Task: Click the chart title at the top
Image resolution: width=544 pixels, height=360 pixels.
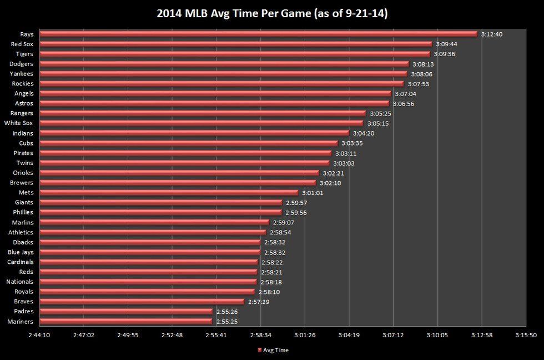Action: click(272, 13)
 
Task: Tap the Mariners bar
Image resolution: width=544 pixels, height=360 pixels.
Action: click(125, 321)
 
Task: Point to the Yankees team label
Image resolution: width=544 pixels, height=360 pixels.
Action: click(22, 74)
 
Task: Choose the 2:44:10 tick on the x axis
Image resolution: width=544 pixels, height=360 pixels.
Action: click(38, 336)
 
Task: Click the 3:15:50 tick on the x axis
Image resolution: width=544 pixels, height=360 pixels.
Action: click(526, 336)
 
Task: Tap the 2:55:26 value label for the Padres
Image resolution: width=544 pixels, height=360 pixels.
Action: click(227, 312)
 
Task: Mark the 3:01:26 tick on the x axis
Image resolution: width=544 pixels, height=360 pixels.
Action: click(304, 336)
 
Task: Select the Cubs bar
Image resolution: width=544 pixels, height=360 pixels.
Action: click(188, 143)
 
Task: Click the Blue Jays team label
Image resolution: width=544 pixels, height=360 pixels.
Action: click(21, 252)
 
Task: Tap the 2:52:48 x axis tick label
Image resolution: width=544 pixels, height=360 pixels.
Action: click(172, 336)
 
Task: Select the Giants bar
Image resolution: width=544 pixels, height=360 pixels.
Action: click(160, 202)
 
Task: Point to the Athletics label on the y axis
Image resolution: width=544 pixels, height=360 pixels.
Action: click(21, 232)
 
